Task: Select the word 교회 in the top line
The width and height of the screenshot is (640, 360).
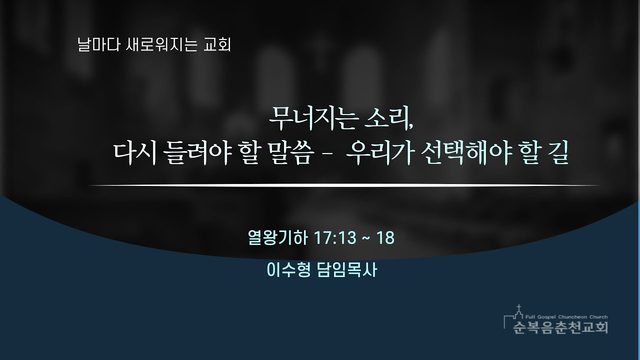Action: (x=217, y=44)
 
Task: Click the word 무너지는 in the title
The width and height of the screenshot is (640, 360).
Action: (x=313, y=118)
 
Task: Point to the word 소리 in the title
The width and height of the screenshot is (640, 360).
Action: (x=389, y=118)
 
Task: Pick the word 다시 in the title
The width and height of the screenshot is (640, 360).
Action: (x=135, y=153)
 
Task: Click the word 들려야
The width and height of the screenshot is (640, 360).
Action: (x=197, y=153)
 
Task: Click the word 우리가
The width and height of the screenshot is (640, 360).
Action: (x=380, y=153)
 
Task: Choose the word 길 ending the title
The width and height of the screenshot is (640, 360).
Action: (x=557, y=153)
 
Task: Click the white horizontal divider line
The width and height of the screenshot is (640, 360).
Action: (x=343, y=185)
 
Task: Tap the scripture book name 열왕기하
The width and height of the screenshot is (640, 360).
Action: (x=278, y=238)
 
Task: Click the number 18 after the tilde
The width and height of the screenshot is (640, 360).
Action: (x=385, y=238)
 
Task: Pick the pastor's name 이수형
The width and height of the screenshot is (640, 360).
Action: (x=288, y=270)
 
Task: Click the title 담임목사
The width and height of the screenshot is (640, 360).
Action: (x=347, y=270)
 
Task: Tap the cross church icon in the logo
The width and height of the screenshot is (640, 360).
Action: (x=519, y=312)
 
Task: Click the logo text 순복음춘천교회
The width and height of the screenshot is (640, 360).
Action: (x=560, y=327)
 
